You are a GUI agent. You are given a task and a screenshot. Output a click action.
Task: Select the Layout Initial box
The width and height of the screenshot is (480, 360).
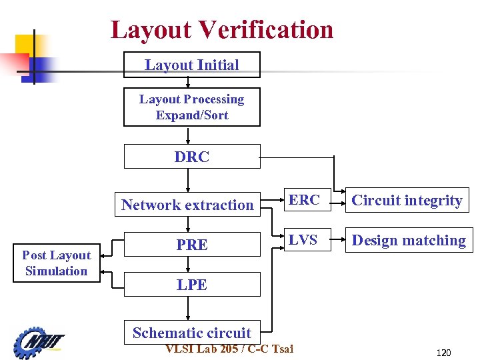click(192, 65)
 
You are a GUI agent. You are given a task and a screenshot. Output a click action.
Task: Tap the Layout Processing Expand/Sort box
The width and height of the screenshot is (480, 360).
click(192, 107)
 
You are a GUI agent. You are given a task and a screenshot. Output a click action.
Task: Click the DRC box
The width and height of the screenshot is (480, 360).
click(192, 157)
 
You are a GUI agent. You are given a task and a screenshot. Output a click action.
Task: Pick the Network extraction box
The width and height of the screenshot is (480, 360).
click(187, 205)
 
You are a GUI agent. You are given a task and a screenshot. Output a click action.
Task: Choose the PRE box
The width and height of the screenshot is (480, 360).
click(192, 245)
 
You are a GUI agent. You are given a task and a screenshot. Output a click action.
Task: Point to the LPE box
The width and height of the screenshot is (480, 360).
click(192, 285)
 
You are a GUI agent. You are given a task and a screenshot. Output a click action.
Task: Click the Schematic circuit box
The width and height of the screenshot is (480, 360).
click(192, 333)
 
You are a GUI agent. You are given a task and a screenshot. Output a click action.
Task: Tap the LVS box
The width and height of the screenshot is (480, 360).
click(303, 240)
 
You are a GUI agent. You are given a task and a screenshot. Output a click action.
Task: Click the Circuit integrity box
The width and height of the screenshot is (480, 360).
click(407, 201)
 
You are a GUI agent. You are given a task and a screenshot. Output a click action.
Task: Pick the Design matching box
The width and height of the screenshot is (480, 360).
click(409, 241)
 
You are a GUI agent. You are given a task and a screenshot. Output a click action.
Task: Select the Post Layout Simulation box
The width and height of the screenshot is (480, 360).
click(57, 263)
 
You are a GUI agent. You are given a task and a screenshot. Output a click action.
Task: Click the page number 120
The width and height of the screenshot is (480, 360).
click(443, 353)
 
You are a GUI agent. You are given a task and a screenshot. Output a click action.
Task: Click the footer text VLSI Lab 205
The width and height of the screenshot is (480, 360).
click(201, 349)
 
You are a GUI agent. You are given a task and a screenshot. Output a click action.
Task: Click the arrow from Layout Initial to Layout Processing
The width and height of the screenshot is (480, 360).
click(189, 83)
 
